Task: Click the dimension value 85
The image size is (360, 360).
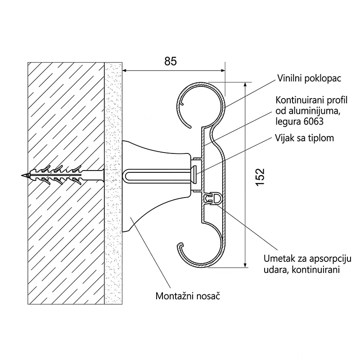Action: [x=171, y=61]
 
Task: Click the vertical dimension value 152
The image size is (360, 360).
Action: [x=260, y=177]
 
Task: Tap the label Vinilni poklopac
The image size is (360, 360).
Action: [x=309, y=78]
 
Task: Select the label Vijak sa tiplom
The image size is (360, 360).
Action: [x=304, y=138]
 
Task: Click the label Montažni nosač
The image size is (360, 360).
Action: [x=188, y=296]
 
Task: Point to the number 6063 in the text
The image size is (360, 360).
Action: [x=313, y=121]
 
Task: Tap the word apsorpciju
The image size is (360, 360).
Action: [x=330, y=259]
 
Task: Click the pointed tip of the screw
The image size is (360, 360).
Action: [x=22, y=175]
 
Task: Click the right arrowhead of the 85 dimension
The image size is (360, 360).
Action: [x=223, y=71]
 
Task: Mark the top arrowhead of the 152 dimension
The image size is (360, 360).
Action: [x=245, y=85]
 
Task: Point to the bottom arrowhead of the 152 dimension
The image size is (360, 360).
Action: [x=245, y=265]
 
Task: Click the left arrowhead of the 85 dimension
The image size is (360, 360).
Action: [x=125, y=71]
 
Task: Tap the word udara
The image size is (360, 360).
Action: [x=276, y=270]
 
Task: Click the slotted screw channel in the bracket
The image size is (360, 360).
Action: [x=158, y=176]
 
